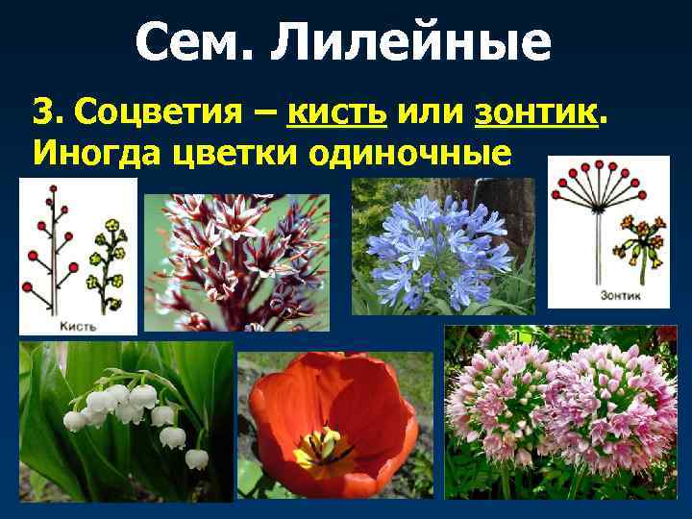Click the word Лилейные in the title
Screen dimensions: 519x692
click(x=412, y=41)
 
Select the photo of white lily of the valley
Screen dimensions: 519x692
click(x=126, y=420)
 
